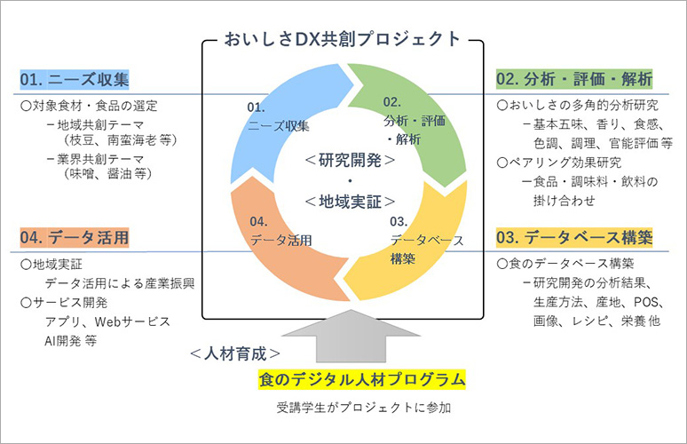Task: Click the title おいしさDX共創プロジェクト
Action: [x=344, y=38]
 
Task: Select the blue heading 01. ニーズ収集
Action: [x=75, y=80]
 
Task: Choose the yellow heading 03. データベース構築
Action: [x=574, y=238]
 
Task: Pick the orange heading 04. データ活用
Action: [x=75, y=238]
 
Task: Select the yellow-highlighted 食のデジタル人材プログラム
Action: [x=361, y=380]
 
